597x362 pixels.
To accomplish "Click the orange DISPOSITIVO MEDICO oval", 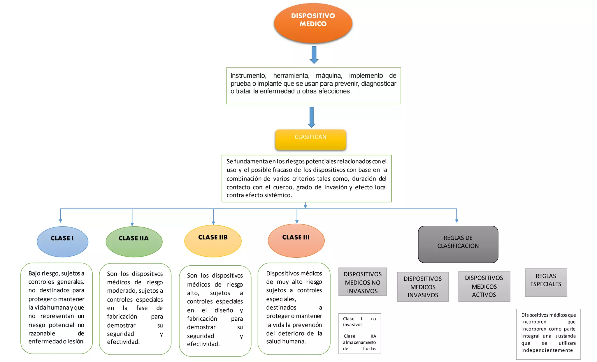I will [313, 23].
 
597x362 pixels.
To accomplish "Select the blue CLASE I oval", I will [62, 241].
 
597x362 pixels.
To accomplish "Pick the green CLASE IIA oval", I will [134, 241].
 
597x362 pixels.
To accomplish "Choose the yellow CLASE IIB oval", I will [213, 241].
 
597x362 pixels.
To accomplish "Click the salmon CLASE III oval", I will [296, 241].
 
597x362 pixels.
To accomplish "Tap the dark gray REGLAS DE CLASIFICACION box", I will [458, 244].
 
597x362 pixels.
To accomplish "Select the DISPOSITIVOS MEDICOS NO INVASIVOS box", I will [362, 282].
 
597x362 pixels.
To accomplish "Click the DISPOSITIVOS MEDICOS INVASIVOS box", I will [423, 287].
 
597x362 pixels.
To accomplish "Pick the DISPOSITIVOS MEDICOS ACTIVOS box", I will [484, 286].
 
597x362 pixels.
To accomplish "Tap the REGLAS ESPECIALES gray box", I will [546, 282].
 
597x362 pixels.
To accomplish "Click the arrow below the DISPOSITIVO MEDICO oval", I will [314, 55].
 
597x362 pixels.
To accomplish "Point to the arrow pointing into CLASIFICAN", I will [312, 117].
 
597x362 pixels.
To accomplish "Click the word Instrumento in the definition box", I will [248, 76].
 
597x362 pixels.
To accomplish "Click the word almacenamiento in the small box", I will [359, 342].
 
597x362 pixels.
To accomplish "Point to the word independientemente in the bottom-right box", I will [547, 350].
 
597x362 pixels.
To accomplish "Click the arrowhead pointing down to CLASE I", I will [60, 221].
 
